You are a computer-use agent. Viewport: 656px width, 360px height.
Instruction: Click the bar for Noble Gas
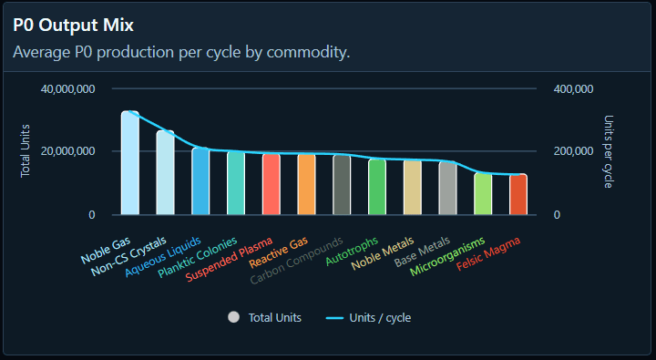(130, 164)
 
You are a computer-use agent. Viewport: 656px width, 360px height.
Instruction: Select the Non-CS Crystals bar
(165, 173)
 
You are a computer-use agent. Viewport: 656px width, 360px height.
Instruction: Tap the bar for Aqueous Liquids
(200, 181)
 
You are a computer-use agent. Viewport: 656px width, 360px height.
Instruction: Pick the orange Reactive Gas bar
(306, 185)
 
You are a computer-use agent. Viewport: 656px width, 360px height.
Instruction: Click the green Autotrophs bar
(377, 188)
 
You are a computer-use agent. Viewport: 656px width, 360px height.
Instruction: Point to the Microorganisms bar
(483, 194)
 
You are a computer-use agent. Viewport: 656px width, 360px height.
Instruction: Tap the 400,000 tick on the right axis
(574, 89)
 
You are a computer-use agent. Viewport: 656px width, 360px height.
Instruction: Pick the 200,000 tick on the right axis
(574, 152)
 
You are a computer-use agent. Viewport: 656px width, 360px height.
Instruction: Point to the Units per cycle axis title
(609, 151)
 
